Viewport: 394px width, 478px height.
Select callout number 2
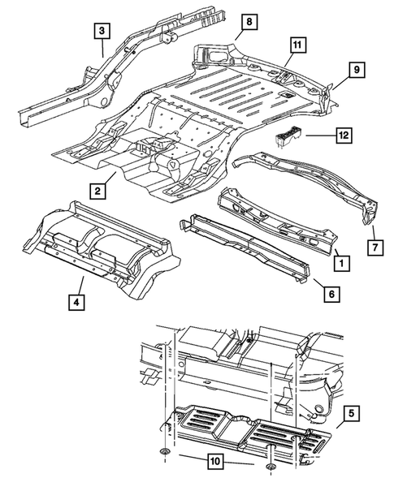(x=96, y=191)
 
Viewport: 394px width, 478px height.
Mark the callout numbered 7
(x=375, y=244)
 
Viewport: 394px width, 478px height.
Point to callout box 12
(x=344, y=138)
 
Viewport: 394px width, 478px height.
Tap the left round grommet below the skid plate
(x=166, y=450)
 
